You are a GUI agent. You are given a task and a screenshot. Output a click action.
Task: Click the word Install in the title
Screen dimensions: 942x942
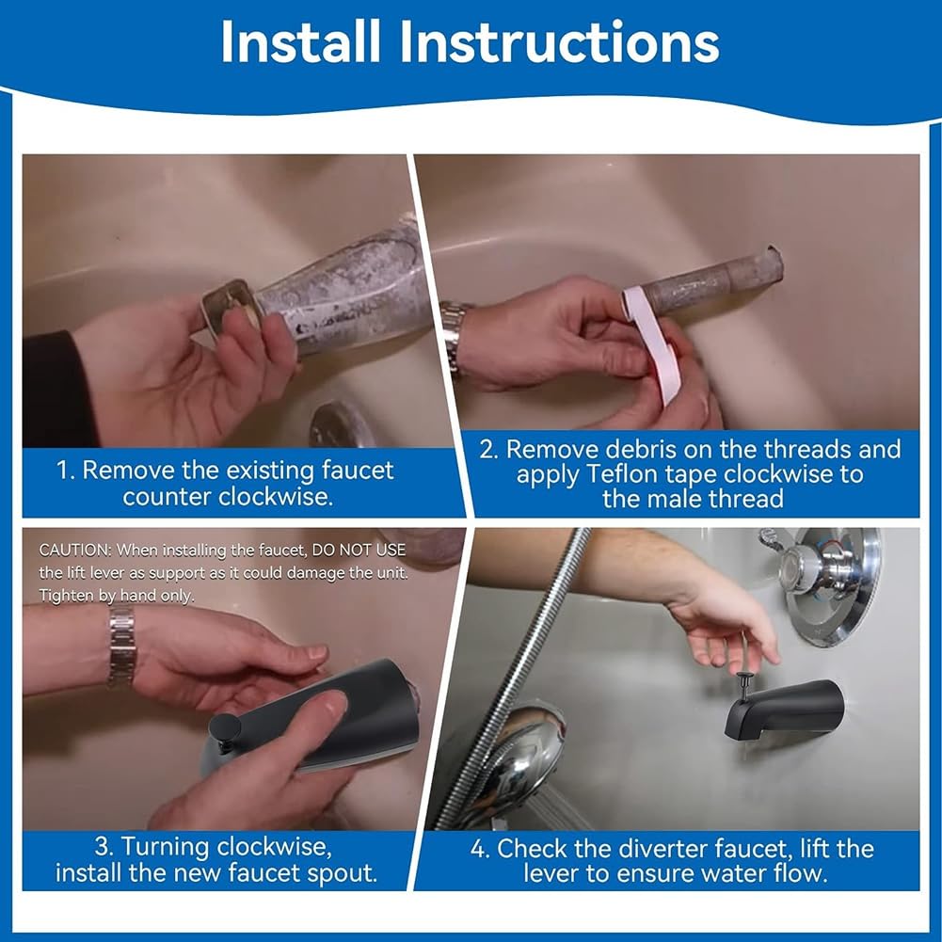300,41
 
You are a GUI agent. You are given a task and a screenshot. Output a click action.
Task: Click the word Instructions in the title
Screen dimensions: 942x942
559,41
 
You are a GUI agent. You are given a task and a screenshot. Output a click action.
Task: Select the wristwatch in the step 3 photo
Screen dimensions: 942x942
122,647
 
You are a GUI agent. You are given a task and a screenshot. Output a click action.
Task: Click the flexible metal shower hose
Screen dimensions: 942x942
517,673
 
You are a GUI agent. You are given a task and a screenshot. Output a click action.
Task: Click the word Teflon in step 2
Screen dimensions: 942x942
622,474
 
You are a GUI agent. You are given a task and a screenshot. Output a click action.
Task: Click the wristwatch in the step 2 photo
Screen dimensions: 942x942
455,337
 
